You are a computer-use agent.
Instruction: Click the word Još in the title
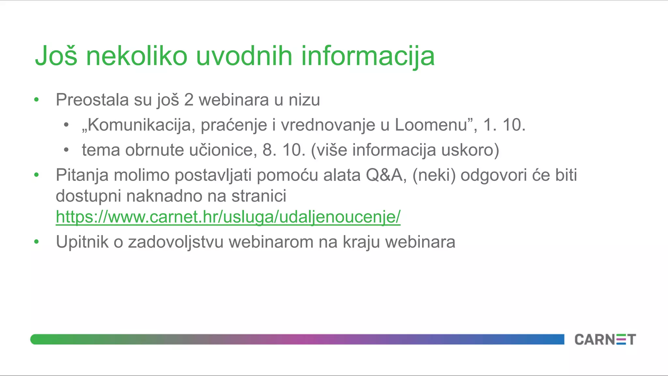[x=56, y=56]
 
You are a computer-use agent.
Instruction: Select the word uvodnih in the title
[x=244, y=56]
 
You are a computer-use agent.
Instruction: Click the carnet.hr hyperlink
[x=228, y=217]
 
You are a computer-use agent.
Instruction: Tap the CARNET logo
[x=605, y=339]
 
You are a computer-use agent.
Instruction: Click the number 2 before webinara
[x=189, y=100]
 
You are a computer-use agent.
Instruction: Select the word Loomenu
[x=433, y=125]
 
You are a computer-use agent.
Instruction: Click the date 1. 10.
[x=504, y=125]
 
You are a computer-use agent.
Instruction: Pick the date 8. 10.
[x=284, y=150]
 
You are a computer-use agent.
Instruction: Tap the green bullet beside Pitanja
[x=37, y=175]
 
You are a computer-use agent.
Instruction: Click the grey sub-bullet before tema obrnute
[x=66, y=150]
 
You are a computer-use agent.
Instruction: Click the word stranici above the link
[x=259, y=196]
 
